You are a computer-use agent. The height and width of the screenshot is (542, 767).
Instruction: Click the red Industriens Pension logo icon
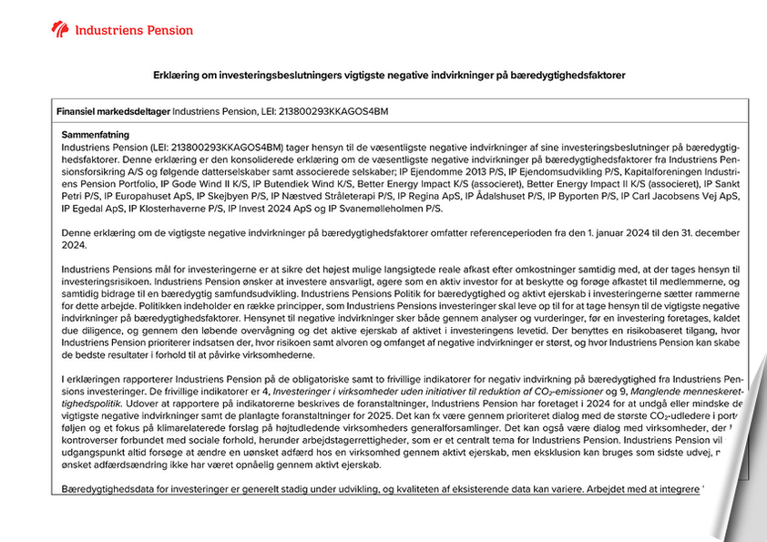coord(60,30)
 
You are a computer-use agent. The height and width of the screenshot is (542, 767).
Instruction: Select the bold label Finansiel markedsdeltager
coord(113,111)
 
